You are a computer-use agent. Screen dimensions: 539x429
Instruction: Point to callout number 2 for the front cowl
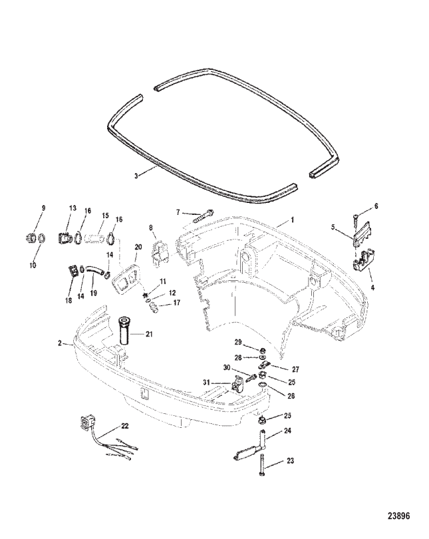pyautogui.click(x=60, y=343)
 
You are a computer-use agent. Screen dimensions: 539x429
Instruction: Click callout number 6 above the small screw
pyautogui.click(x=376, y=207)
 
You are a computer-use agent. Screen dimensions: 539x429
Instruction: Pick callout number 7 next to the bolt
pyautogui.click(x=178, y=212)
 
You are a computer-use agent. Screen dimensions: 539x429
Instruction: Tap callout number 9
pyautogui.click(x=44, y=209)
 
